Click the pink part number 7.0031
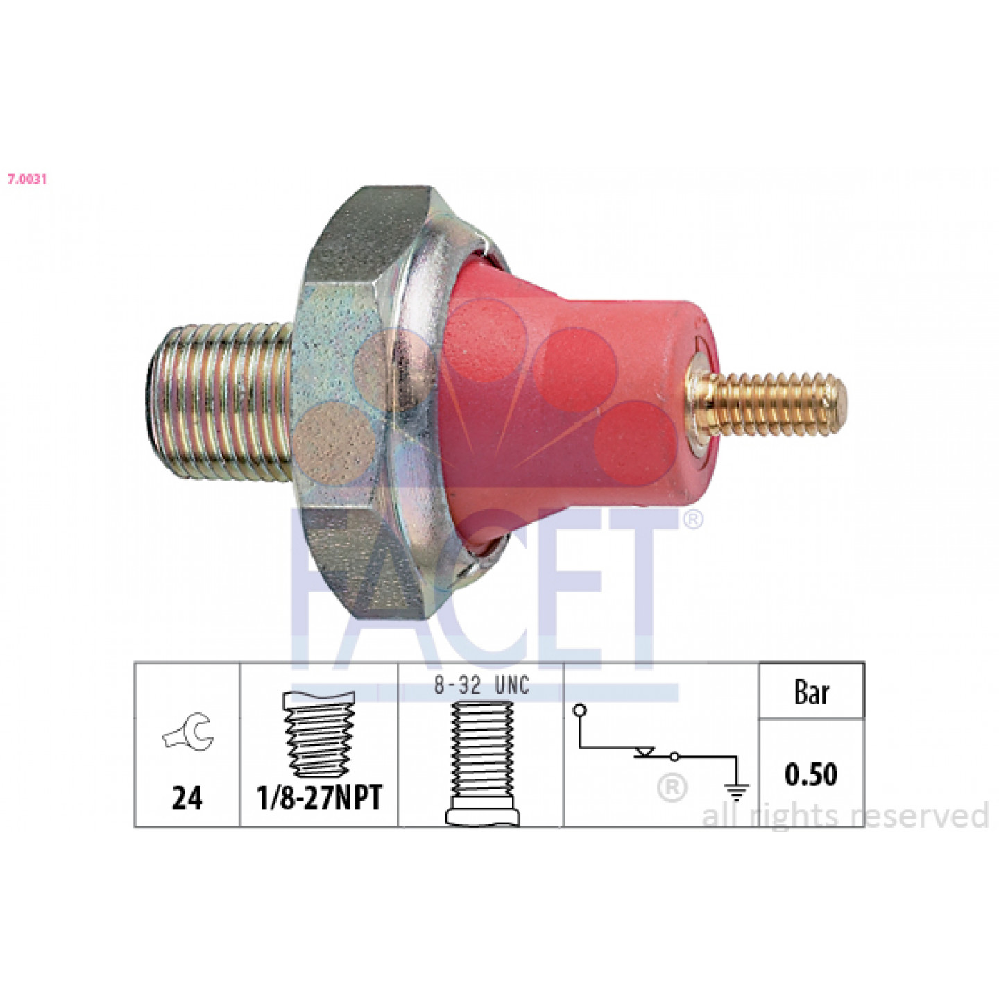(x=27, y=180)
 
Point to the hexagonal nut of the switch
(x=363, y=402)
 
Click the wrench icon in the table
(x=188, y=731)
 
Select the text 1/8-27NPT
(x=319, y=797)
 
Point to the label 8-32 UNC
(x=481, y=685)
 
